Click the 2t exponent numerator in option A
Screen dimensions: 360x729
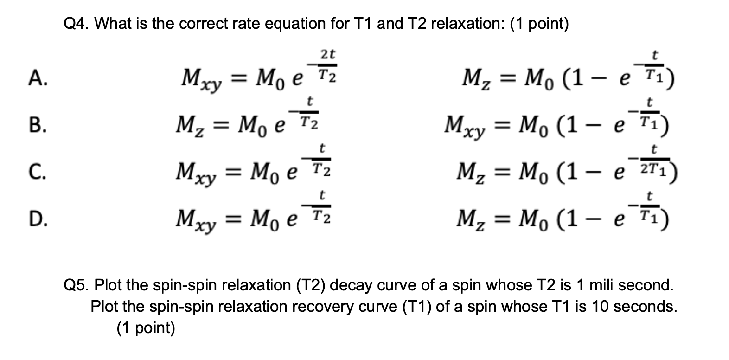(328, 54)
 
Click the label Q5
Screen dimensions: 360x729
(77, 285)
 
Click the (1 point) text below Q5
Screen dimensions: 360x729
(146, 328)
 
